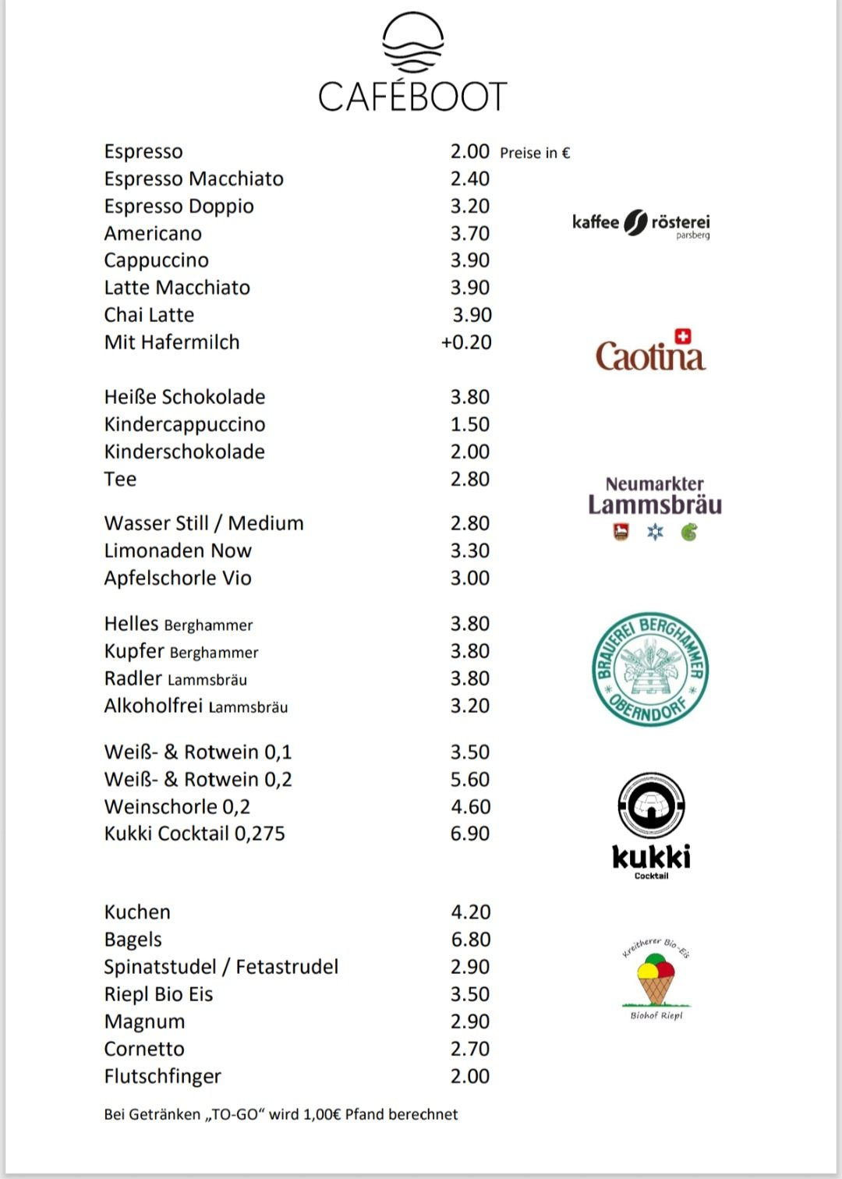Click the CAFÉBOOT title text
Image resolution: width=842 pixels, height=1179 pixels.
(412, 97)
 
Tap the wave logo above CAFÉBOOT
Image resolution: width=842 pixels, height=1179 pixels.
(412, 43)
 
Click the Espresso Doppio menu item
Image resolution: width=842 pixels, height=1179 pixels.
(179, 207)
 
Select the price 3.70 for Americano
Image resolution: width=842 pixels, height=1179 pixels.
(470, 234)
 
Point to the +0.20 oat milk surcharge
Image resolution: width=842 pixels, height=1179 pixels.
(466, 342)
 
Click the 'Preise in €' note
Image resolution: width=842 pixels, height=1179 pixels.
(535, 153)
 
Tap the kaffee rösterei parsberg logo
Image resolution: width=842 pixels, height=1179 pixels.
(641, 224)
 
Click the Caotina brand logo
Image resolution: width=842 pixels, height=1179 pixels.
(650, 352)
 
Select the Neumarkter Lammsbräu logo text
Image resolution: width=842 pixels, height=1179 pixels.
(655, 497)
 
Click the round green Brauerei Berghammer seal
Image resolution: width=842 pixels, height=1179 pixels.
(650, 669)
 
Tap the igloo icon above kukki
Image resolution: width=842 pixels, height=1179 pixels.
(651, 805)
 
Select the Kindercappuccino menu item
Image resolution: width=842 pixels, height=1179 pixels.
(185, 425)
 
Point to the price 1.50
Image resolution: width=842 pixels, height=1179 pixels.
(470, 425)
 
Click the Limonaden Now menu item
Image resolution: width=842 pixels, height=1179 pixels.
(178, 551)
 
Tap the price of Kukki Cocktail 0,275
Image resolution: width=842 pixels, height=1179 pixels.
(470, 834)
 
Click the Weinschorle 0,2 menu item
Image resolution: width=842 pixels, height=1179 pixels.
(177, 807)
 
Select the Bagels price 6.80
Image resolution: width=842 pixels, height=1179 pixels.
(470, 940)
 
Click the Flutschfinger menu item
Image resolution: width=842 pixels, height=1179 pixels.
(162, 1077)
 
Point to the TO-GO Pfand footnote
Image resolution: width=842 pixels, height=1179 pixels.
(281, 1115)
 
